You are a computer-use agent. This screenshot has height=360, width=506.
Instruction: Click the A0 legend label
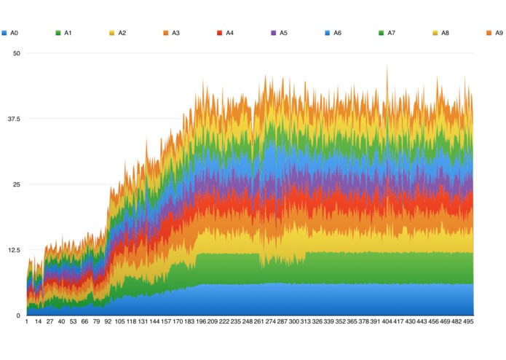pyautogui.click(x=15, y=33)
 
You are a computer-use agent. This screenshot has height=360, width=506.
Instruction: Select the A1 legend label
pyautogui.click(x=68, y=33)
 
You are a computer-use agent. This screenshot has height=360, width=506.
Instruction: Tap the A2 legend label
pyautogui.click(x=122, y=33)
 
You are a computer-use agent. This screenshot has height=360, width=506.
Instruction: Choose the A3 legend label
pyautogui.click(x=176, y=33)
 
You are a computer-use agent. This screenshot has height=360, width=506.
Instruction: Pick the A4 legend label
pyautogui.click(x=230, y=33)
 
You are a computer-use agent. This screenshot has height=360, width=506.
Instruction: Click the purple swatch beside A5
pyautogui.click(x=274, y=33)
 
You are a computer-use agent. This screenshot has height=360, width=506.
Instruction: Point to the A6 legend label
pyautogui.click(x=338, y=33)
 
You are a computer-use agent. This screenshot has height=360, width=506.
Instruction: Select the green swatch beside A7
pyautogui.click(x=382, y=33)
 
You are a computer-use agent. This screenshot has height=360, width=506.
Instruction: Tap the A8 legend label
pyautogui.click(x=446, y=33)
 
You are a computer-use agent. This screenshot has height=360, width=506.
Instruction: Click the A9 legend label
pyautogui.click(x=499, y=33)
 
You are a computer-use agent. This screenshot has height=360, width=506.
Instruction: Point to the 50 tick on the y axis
pyautogui.click(x=16, y=53)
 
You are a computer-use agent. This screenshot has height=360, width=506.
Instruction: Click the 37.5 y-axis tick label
pyautogui.click(x=13, y=119)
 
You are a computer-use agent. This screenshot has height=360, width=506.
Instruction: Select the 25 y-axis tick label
pyautogui.click(x=16, y=184)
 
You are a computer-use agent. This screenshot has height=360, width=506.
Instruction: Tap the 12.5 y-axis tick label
pyautogui.click(x=13, y=250)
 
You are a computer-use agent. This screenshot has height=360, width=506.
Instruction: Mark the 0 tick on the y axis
pyautogui.click(x=18, y=316)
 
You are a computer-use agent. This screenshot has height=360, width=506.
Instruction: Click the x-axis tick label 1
pyautogui.click(x=27, y=321)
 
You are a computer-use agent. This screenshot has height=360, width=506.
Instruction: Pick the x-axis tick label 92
pyautogui.click(x=108, y=321)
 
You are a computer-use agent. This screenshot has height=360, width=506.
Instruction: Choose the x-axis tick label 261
pyautogui.click(x=259, y=321)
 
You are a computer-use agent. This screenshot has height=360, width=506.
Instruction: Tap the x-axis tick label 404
pyautogui.click(x=387, y=321)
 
